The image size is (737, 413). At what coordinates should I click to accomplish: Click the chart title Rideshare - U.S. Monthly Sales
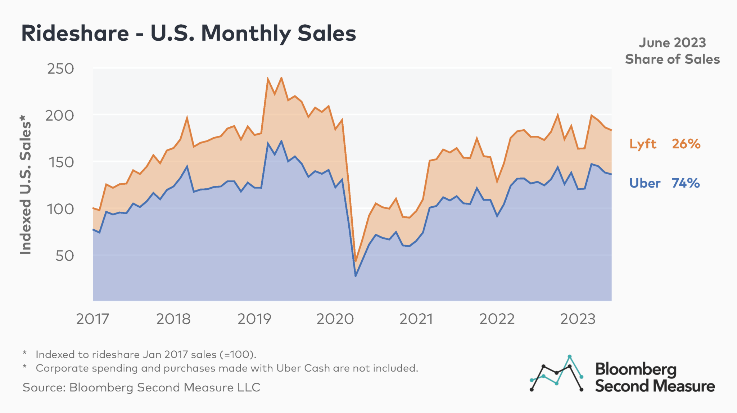pyautogui.click(x=188, y=33)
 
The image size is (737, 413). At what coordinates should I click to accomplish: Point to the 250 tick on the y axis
pyautogui.click(x=60, y=69)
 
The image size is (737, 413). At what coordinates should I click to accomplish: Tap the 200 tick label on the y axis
pyautogui.click(x=60, y=116)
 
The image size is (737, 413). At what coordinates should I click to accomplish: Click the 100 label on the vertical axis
pyautogui.click(x=60, y=209)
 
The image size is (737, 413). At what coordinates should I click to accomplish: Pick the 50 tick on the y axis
pyautogui.click(x=65, y=256)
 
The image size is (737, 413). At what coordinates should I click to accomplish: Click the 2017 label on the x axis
pyautogui.click(x=92, y=319)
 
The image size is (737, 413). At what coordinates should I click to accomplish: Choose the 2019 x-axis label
pyautogui.click(x=254, y=319)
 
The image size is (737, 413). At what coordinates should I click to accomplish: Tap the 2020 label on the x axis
pyautogui.click(x=335, y=319)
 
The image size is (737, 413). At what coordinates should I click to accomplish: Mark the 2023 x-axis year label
pyautogui.click(x=578, y=319)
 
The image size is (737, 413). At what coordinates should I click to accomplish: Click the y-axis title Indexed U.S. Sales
pyautogui.click(x=26, y=185)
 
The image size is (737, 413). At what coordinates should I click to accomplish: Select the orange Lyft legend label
pyautogui.click(x=643, y=144)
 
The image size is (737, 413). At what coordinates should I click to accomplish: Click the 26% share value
pyautogui.click(x=686, y=144)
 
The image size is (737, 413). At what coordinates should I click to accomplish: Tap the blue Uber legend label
pyautogui.click(x=645, y=183)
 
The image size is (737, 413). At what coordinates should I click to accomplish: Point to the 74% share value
pyautogui.click(x=686, y=183)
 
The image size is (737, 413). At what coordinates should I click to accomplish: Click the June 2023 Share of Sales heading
pyautogui.click(x=672, y=51)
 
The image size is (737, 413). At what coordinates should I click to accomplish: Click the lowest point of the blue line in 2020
pyautogui.click(x=356, y=276)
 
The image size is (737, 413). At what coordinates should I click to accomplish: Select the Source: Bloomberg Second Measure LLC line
pyautogui.click(x=141, y=387)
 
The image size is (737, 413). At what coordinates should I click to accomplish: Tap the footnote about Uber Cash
pyautogui.click(x=227, y=368)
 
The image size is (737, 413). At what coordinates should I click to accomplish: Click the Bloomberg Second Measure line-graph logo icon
pyautogui.click(x=557, y=374)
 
